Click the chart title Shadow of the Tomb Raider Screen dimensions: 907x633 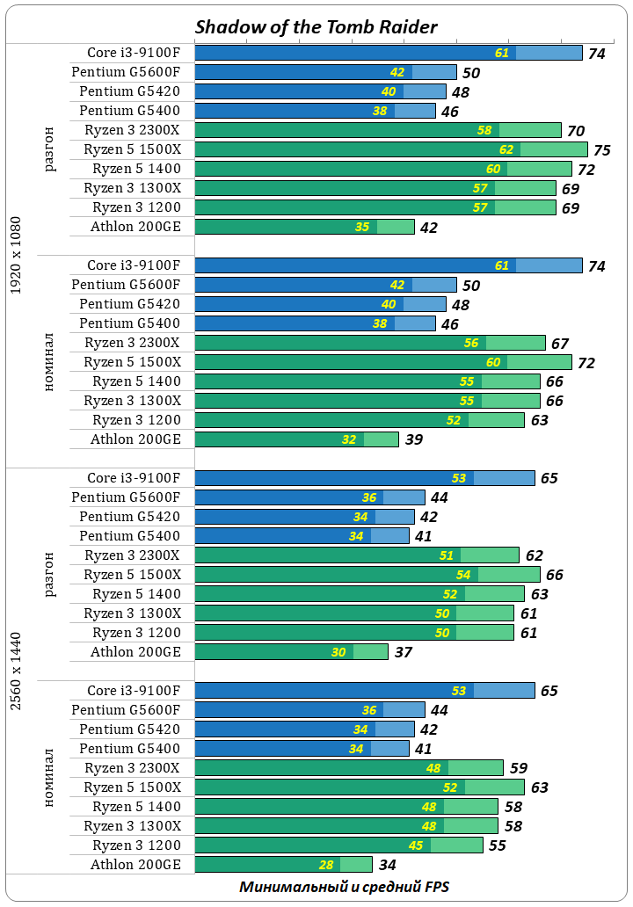(316, 27)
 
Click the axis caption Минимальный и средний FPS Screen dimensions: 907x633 (344, 887)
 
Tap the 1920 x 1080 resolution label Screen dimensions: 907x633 (16, 256)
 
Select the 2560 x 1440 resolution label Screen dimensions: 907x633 (16, 671)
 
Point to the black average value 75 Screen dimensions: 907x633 (602, 150)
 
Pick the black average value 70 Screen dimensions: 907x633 (576, 131)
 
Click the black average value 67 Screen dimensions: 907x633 (560, 344)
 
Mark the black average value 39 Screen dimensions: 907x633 (413, 440)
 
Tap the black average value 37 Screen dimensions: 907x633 (403, 653)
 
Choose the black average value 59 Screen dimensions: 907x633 (518, 769)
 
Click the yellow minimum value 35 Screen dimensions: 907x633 (362, 227)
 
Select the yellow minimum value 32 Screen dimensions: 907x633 (349, 439)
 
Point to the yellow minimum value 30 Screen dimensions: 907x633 (338, 652)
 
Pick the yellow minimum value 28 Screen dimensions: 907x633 (325, 865)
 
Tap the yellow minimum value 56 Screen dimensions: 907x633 (471, 343)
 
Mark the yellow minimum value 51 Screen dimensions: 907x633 (446, 555)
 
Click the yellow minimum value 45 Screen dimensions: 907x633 (416, 845)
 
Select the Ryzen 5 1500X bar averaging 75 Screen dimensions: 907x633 (390, 149)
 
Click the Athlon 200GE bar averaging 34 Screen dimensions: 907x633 (282, 865)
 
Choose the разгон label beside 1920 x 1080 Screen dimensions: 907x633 (49, 149)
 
